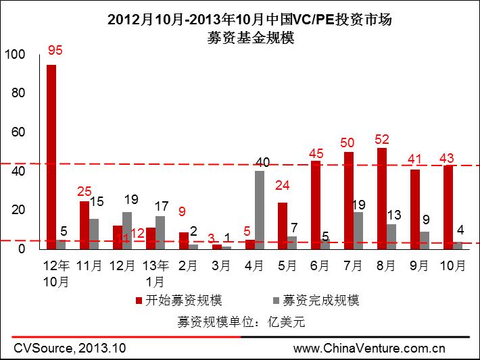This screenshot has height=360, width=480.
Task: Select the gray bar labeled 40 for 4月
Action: [260, 209]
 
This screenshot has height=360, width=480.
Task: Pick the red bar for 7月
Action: [349, 200]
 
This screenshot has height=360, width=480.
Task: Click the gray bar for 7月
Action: [358, 230]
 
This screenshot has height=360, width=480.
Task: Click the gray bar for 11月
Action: [94, 234]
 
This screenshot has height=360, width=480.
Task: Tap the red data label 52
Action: [383, 139]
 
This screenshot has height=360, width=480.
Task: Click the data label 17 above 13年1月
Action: [161, 206]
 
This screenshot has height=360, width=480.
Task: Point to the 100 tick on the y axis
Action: [14, 54]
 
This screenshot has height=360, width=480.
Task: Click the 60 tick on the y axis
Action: [18, 132]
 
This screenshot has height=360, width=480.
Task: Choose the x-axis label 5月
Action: [287, 265]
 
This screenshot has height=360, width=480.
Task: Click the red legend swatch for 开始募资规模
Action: [138, 300]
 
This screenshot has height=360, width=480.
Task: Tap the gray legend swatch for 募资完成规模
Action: [274, 300]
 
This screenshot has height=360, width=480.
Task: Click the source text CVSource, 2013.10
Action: [70, 349]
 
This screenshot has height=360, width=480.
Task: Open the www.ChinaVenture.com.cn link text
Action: [369, 349]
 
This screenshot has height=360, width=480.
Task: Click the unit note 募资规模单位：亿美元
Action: [240, 322]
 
